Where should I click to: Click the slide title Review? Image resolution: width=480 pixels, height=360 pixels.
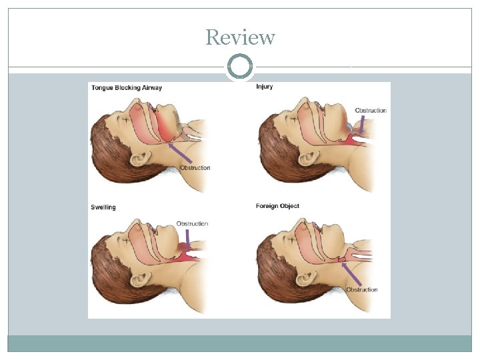point(240,37)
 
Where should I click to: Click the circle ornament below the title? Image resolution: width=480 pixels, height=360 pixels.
point(240,67)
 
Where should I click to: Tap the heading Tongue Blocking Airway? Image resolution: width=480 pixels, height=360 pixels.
point(126,88)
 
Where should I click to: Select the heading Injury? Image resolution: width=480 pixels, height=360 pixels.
point(265,87)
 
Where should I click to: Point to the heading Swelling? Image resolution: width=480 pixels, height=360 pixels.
point(103,207)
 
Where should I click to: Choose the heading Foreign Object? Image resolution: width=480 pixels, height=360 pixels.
point(277,206)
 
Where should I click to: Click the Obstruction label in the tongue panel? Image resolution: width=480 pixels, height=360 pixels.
point(195,168)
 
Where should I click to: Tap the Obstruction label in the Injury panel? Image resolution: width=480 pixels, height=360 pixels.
point(371,111)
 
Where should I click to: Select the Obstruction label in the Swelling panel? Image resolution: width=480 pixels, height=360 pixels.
point(192,224)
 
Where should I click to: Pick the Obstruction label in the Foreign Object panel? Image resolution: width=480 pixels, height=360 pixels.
point(361,290)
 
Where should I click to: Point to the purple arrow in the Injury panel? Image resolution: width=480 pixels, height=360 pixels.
point(361,123)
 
